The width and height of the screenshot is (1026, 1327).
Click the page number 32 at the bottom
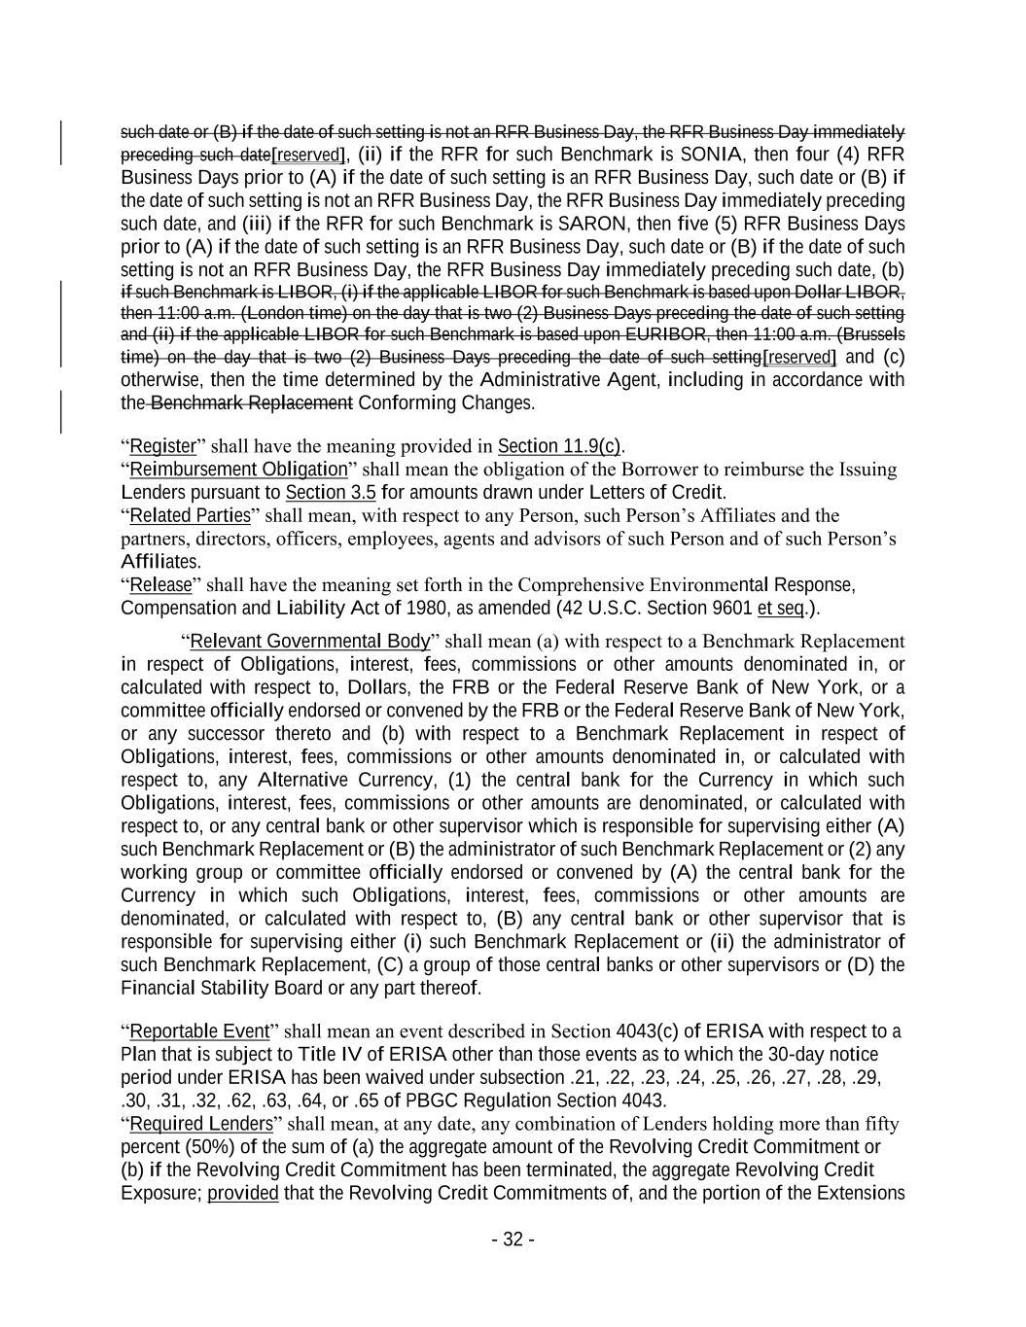[x=513, y=1239]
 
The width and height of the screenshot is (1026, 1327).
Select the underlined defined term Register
[x=163, y=446]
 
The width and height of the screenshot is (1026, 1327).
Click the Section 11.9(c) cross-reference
[x=559, y=446]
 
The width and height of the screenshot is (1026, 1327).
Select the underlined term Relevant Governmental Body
[x=309, y=641]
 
